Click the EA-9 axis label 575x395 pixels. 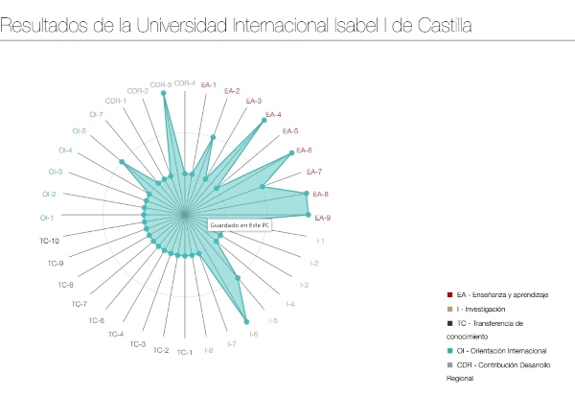click(x=323, y=218)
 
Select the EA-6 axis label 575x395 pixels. click(x=304, y=150)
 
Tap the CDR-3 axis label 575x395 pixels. click(x=163, y=85)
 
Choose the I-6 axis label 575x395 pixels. click(x=254, y=334)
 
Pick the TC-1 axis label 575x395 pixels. click(x=184, y=353)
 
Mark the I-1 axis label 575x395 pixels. click(x=320, y=241)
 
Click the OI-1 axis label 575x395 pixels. click(x=47, y=218)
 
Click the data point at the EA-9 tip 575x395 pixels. click(x=308, y=215)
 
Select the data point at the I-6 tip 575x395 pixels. click(x=247, y=321)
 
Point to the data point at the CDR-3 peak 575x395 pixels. click(x=165, y=96)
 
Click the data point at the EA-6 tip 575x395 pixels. click(x=291, y=153)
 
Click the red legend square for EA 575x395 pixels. click(x=450, y=295)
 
